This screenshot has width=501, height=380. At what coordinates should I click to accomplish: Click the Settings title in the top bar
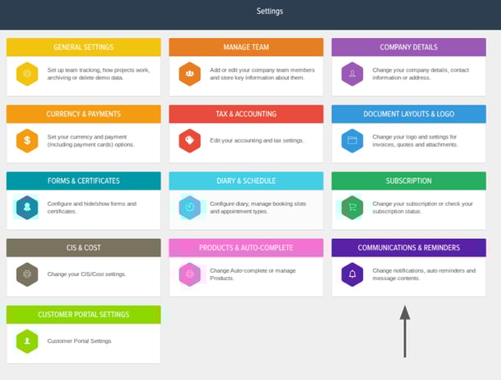pyautogui.click(x=269, y=11)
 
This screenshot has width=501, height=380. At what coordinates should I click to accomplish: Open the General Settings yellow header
pyautogui.click(x=83, y=48)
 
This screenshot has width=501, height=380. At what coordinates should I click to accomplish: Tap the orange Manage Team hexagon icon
pyautogui.click(x=190, y=74)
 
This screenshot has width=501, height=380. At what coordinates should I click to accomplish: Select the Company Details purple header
pyautogui.click(x=409, y=48)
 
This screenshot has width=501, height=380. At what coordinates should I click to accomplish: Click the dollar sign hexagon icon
pyautogui.click(x=27, y=140)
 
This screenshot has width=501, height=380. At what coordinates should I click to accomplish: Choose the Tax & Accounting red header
pyautogui.click(x=246, y=114)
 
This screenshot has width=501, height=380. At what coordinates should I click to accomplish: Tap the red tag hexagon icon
pyautogui.click(x=190, y=140)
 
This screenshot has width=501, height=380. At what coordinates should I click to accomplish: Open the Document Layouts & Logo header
pyautogui.click(x=409, y=114)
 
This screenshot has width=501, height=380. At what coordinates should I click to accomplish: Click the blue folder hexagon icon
pyautogui.click(x=352, y=140)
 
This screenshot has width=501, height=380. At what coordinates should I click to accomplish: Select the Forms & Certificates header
pyautogui.click(x=83, y=181)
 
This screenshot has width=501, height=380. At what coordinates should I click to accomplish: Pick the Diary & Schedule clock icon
pyautogui.click(x=190, y=207)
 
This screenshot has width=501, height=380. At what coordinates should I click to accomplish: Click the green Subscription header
pyautogui.click(x=409, y=181)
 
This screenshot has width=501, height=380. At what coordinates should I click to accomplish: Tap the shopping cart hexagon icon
pyautogui.click(x=352, y=207)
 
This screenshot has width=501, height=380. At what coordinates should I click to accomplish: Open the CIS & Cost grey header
pyautogui.click(x=83, y=248)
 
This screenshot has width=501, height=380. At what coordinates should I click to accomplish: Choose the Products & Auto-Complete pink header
pyautogui.click(x=246, y=248)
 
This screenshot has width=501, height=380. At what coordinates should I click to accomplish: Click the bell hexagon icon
pyautogui.click(x=352, y=274)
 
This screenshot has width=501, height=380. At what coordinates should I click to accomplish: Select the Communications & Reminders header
pyautogui.click(x=409, y=248)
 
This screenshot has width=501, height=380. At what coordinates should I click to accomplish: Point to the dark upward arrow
pyautogui.click(x=405, y=332)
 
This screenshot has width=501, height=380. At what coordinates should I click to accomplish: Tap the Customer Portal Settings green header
pyautogui.click(x=83, y=315)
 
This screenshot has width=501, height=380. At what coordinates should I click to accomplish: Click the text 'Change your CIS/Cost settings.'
pyautogui.click(x=86, y=274)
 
